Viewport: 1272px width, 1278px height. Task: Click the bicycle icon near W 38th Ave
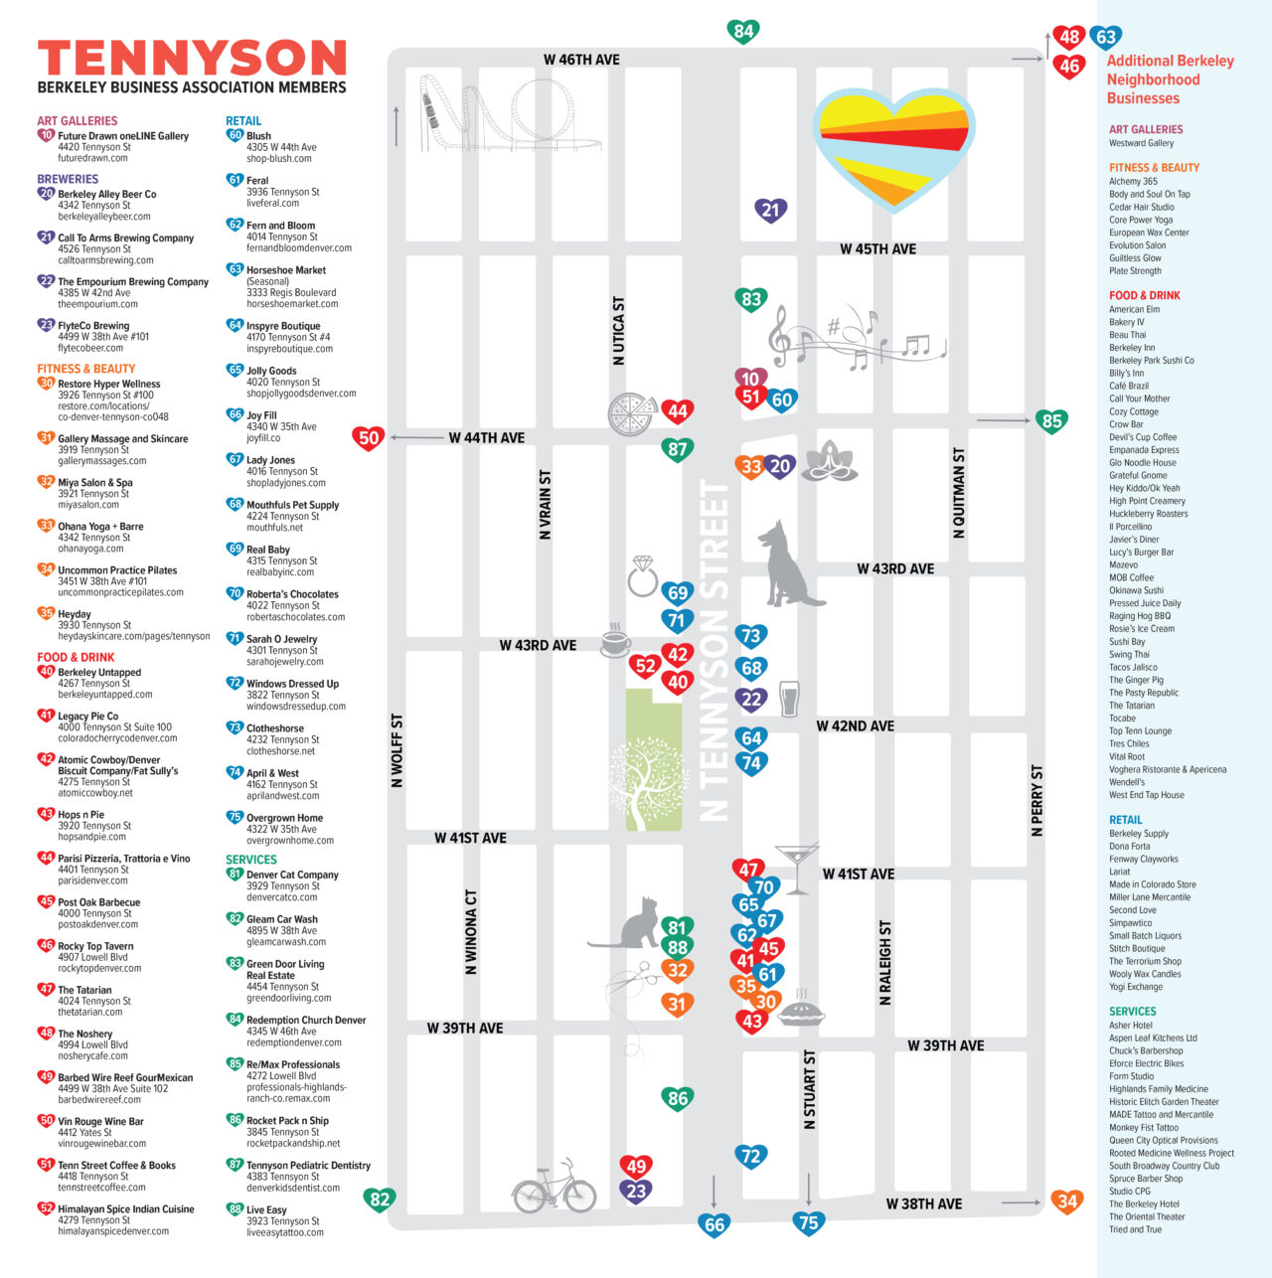554,1186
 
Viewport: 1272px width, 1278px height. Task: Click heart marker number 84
743,31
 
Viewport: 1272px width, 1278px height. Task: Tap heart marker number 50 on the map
369,437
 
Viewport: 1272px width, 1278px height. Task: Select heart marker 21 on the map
770,210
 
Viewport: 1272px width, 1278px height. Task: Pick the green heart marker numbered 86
678,1098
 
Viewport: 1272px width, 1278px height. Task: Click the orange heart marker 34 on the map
1066,1201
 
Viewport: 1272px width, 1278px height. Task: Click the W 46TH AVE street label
581,60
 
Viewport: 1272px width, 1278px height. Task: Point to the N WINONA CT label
471,931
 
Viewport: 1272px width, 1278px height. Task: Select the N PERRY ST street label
1036,800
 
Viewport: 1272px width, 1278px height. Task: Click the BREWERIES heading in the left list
68,179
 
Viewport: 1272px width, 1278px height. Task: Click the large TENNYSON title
192,58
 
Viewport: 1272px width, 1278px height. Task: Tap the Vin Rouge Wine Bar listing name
100,1121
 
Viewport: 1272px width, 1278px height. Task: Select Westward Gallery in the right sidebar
1141,143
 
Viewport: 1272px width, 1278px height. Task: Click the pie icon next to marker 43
801,1012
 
